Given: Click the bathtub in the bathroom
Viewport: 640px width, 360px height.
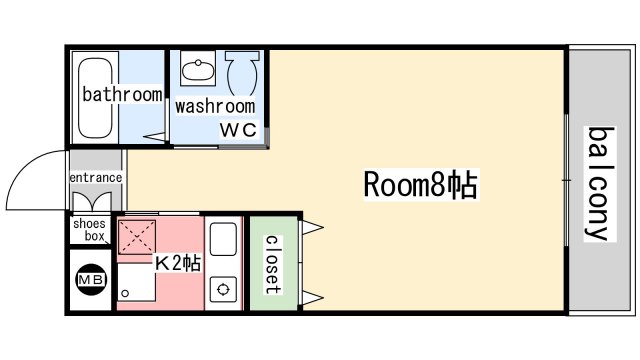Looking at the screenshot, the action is coord(95,98).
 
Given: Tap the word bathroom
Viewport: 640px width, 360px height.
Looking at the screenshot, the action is coord(122,95).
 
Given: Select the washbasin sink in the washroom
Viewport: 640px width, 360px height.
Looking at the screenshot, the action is coord(198,70).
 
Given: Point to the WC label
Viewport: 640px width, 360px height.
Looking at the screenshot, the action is coord(239,130).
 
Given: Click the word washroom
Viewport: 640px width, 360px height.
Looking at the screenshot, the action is coord(215,107).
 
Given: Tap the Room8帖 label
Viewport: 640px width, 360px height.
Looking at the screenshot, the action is coord(420,184).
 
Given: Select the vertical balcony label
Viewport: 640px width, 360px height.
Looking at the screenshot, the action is coord(600,184).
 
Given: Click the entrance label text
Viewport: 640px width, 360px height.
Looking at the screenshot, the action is coord(96,178).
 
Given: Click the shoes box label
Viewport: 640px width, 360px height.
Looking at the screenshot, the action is coord(90,230).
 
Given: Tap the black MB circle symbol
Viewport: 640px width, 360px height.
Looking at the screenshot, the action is coord(91,280).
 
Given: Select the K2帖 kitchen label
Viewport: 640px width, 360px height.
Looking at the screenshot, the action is coord(178,263).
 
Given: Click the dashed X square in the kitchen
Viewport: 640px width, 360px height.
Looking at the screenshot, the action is coord(137,238).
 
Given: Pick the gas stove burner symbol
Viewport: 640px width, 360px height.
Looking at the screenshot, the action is coord(223,289).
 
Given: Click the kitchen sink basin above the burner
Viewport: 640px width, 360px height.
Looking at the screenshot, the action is coord(223,239).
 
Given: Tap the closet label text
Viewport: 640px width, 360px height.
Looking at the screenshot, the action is coord(273,264).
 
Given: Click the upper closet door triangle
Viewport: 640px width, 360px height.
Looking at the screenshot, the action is coord(313,227).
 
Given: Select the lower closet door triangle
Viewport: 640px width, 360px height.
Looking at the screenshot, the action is coord(313,298).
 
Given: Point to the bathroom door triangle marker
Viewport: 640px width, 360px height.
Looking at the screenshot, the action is coord(156,137).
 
